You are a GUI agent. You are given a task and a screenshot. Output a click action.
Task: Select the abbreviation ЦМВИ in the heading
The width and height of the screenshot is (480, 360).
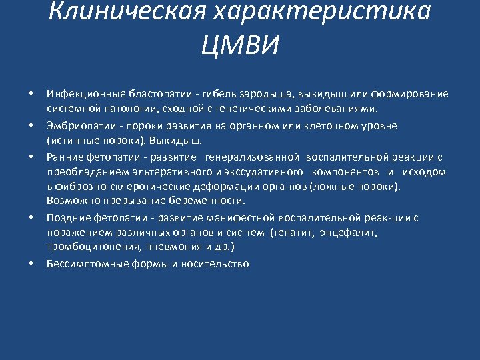pyautogui.click(x=239, y=46)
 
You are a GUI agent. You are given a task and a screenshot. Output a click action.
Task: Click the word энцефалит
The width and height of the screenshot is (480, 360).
pyautogui.click(x=349, y=233)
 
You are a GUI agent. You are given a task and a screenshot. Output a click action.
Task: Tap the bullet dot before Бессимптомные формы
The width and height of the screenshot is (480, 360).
pyautogui.click(x=31, y=263)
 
